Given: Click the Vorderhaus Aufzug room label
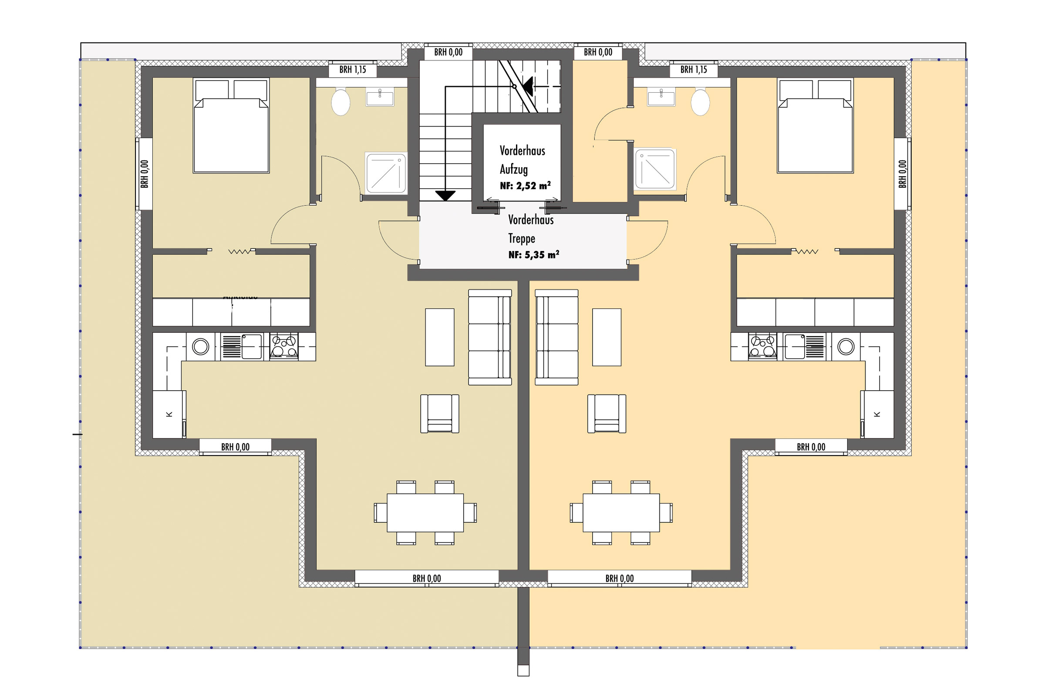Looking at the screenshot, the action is coord(522,160).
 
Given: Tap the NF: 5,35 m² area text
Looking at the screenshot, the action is coord(534,255).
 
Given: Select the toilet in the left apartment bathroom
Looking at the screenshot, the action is coord(341,102).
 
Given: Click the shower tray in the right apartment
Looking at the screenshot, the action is coord(655,169).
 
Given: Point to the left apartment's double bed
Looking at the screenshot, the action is coord(231,126).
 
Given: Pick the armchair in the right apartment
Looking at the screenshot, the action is coord(607,414).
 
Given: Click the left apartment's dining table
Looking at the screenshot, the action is coord(425,513).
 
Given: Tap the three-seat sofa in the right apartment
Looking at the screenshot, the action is coord(557,338).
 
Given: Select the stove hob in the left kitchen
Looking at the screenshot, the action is coord(284,346).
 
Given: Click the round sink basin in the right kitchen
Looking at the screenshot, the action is coord(846,347).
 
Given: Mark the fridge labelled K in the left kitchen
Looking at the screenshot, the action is coord(169,414).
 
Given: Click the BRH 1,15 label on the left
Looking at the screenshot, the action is coord(353,70).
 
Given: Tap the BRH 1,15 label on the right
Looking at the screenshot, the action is coord(694,70).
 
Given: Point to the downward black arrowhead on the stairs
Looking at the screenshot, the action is coord(445,195).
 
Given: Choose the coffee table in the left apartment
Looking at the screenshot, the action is coord(439,338).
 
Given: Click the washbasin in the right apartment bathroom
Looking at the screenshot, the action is coord(661,97).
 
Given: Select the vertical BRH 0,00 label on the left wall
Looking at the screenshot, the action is coord(145,174).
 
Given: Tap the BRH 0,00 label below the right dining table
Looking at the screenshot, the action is coord(619,579).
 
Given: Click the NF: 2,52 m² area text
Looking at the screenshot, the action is coord(525,186).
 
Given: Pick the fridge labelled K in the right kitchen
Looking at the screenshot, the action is coord(877,414).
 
